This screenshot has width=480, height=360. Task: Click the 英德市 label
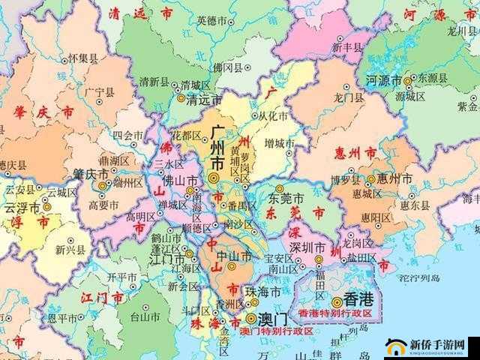click(211, 20)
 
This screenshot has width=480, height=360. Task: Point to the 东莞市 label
click(287, 199)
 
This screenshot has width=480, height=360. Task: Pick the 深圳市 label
click(308, 247)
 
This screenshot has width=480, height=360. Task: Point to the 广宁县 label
click(100, 92)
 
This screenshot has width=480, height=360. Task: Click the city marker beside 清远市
click(181, 97)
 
